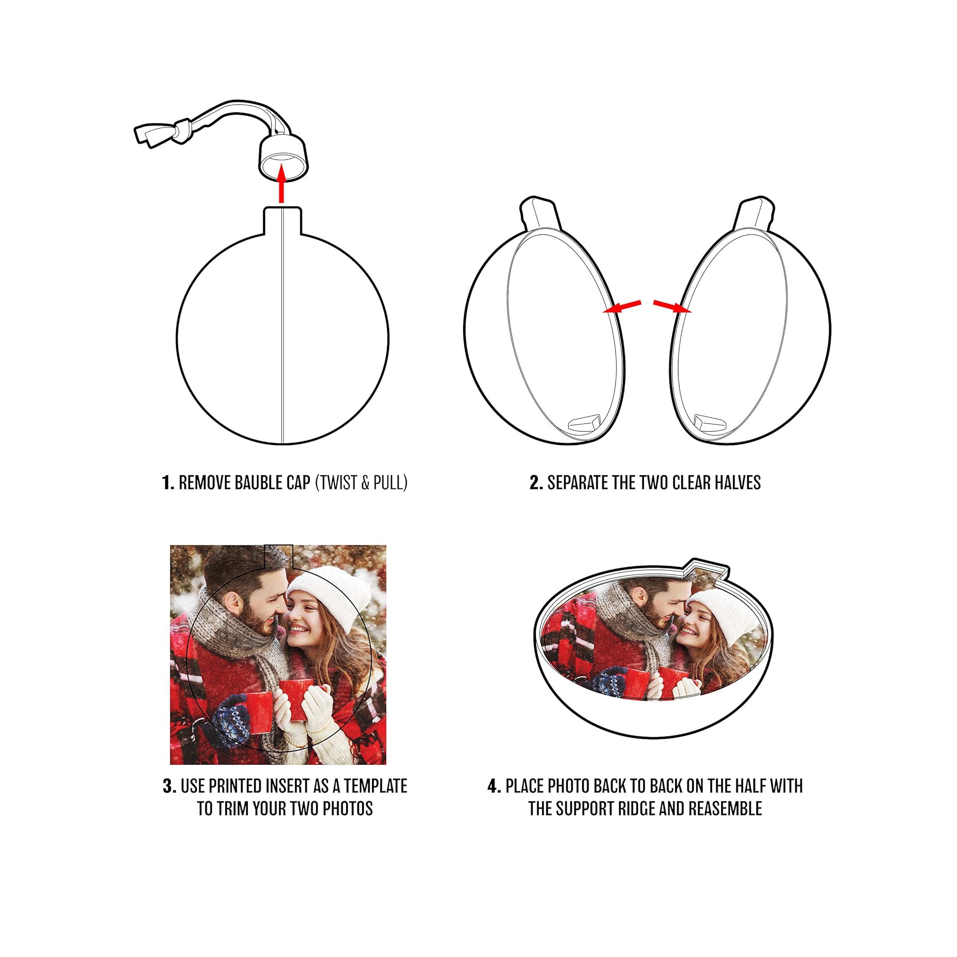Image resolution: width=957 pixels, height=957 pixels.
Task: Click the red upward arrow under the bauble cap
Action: [x=282, y=184]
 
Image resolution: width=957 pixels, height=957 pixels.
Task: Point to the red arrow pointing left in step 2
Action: [x=622, y=307]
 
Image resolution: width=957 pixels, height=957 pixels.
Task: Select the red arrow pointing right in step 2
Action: [x=672, y=307]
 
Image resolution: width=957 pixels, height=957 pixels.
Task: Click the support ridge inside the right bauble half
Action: [x=712, y=422]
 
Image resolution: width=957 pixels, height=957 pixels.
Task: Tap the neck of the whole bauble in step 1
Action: [x=282, y=221]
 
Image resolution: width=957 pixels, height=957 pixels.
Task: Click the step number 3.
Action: [x=169, y=786]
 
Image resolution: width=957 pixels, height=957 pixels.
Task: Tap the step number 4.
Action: [x=494, y=786]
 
